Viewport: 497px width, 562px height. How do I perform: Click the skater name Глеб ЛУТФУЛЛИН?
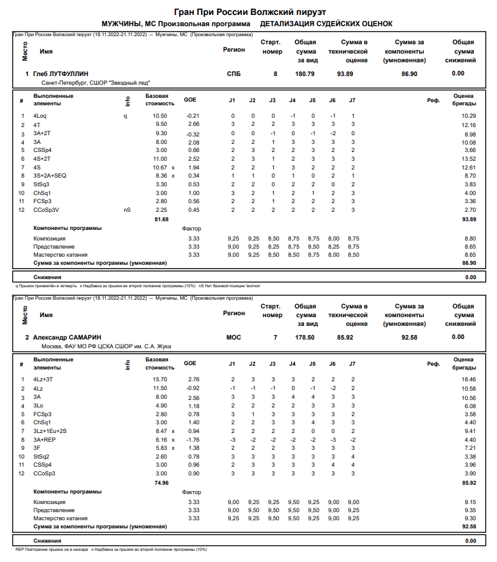(60, 74)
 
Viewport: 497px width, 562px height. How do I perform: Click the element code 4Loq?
(41, 116)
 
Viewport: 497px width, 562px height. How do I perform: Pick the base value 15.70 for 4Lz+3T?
(160, 379)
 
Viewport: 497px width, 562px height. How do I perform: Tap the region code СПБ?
(234, 74)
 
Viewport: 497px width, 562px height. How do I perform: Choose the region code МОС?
(234, 337)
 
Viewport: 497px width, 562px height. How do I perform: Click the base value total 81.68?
(161, 219)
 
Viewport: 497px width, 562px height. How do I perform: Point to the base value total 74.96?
(161, 482)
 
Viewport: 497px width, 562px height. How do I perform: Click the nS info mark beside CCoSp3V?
(127, 211)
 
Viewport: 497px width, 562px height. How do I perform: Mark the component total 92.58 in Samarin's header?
(409, 337)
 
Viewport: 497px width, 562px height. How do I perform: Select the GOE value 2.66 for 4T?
(193, 125)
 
